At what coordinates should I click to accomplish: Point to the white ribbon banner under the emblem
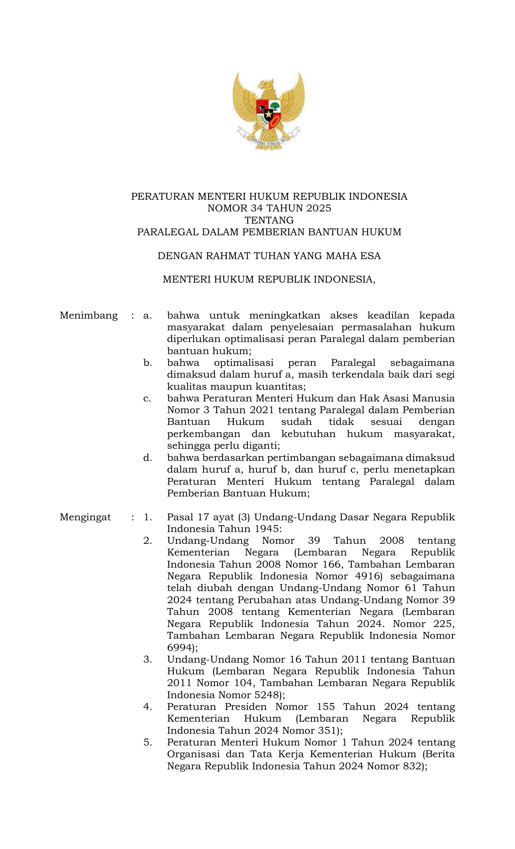coord(269,139)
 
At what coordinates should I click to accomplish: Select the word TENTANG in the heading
coord(269,220)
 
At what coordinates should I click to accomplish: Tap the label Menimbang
coord(88,315)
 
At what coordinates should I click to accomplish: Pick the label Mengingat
coord(85,517)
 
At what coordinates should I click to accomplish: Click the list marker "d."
coord(147,458)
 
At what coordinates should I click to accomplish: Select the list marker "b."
coord(147,363)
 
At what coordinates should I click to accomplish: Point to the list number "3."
coord(147,659)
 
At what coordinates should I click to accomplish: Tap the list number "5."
coord(147,742)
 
